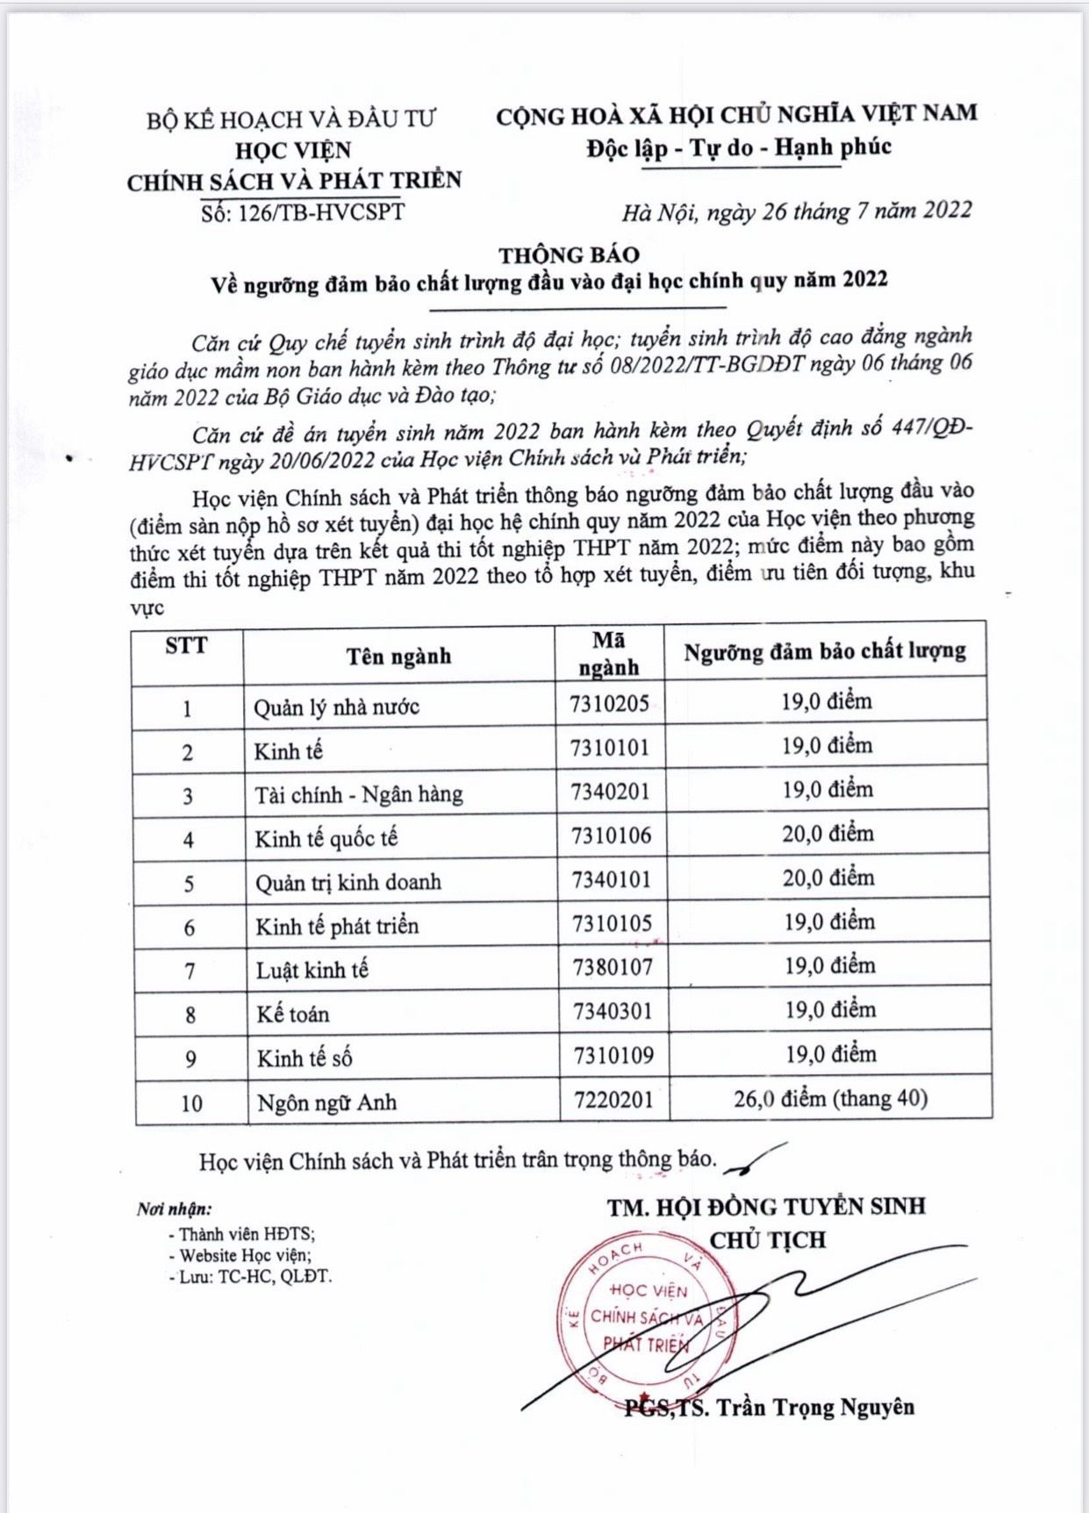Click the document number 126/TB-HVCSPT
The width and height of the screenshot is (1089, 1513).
[302, 212]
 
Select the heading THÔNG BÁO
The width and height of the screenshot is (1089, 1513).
[569, 255]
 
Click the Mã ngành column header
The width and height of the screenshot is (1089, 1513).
[609, 654]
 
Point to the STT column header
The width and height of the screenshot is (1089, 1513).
[186, 646]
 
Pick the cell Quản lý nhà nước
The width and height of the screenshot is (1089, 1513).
[337, 707]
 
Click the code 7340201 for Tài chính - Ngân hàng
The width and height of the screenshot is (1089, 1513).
[611, 792]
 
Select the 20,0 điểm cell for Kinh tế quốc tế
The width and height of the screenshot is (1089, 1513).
[827, 833]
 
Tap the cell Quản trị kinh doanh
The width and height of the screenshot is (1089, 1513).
[348, 883]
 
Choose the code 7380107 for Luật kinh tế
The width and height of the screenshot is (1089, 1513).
[613, 967]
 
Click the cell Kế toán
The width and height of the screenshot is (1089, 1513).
[293, 1015]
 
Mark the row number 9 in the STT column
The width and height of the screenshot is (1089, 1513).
[190, 1059]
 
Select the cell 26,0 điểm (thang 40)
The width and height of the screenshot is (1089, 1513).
[830, 1099]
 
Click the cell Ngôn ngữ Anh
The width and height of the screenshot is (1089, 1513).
[326, 1103]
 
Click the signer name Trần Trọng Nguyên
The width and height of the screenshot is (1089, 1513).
[814, 1408]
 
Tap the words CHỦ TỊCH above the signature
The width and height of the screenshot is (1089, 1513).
[768, 1240]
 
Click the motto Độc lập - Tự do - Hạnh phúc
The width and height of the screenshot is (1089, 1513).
[739, 147]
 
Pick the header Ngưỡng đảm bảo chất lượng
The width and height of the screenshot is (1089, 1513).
[825, 651]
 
